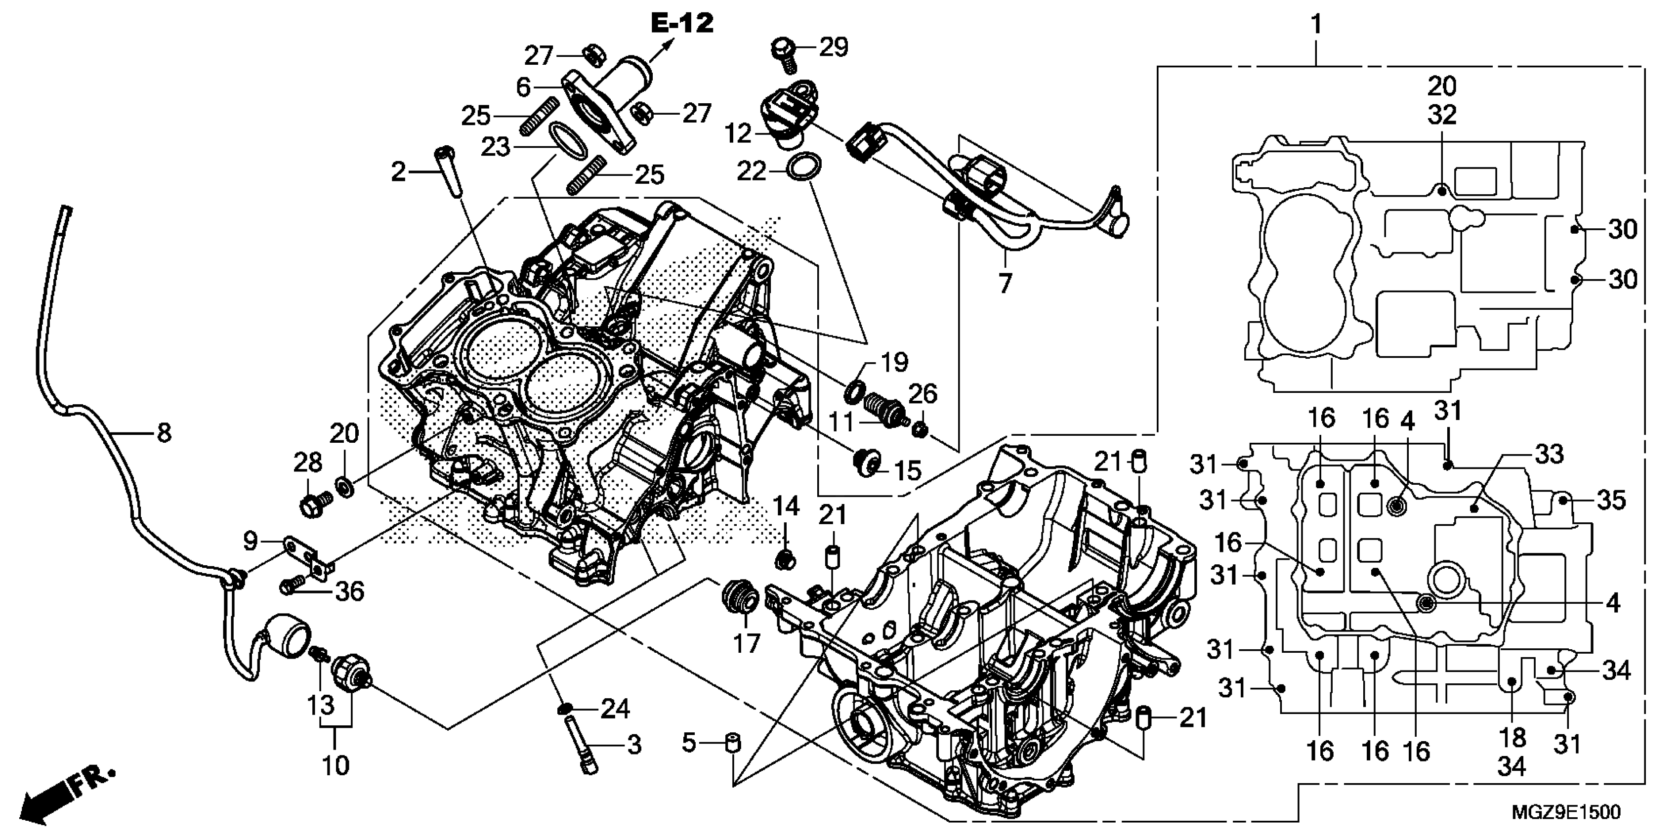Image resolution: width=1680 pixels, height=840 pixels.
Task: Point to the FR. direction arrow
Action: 65,796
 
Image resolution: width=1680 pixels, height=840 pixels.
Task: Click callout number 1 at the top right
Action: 1316,25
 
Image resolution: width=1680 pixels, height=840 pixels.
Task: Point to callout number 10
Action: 335,764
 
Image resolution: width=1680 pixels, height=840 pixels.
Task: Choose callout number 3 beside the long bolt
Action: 634,745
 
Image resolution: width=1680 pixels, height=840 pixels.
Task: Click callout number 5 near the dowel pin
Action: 689,742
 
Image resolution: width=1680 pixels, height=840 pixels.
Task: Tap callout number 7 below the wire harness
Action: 1005,283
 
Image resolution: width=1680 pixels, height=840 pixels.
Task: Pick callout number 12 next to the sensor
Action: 738,134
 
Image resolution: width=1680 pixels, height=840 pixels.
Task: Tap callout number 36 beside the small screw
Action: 349,591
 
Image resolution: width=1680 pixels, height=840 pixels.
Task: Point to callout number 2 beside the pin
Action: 398,172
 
